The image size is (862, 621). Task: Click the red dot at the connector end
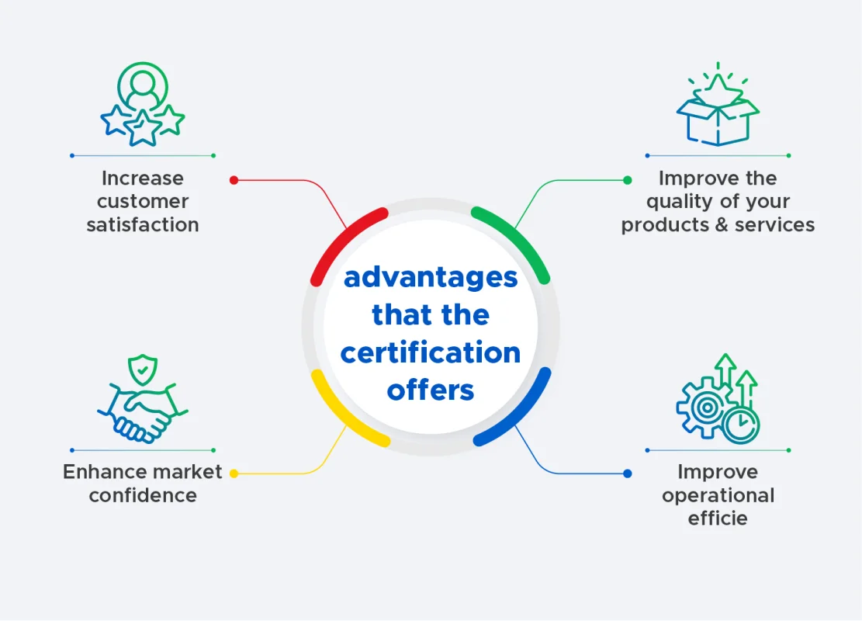(x=234, y=180)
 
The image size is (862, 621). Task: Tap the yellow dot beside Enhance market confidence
(x=234, y=473)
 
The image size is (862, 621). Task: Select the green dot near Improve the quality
(x=627, y=180)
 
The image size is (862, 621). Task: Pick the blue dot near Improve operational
(x=627, y=473)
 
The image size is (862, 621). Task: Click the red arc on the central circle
(x=342, y=237)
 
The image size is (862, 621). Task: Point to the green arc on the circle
(x=519, y=237)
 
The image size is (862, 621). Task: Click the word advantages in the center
(x=431, y=278)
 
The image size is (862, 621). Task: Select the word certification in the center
(x=431, y=352)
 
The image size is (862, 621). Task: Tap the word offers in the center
(x=431, y=390)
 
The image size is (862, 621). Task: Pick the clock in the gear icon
(x=741, y=425)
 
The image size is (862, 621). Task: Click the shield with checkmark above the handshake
(x=143, y=369)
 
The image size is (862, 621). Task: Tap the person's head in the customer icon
(x=143, y=83)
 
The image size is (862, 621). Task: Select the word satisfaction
(x=143, y=224)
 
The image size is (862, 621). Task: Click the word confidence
(x=143, y=495)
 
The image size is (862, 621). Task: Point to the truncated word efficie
(x=718, y=518)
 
